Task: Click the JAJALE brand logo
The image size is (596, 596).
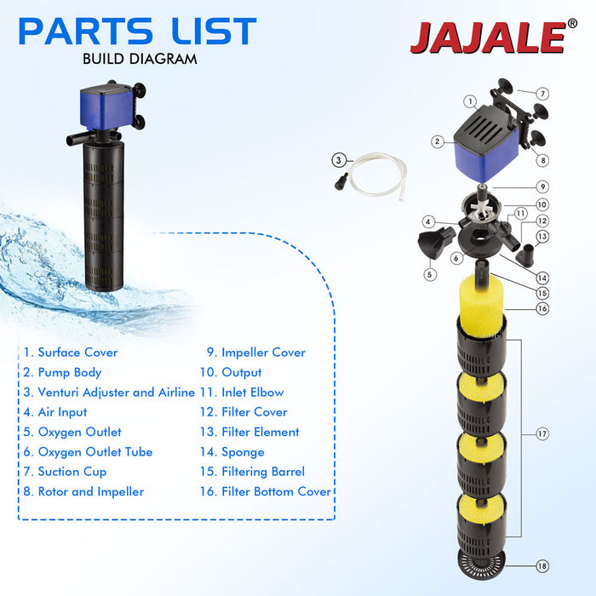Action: coord(487,36)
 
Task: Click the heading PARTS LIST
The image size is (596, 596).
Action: coord(137,32)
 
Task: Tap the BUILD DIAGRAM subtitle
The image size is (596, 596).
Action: coord(140,59)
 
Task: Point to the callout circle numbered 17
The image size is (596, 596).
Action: coord(542,434)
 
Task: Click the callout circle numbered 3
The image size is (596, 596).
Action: coord(339,159)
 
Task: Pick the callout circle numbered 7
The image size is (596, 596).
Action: coord(543,94)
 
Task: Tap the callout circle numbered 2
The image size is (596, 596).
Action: coord(437,142)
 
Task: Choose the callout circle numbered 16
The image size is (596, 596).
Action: coord(543,308)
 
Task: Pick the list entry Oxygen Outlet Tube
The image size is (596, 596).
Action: coord(88,452)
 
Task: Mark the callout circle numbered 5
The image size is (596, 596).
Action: coord(430,274)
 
